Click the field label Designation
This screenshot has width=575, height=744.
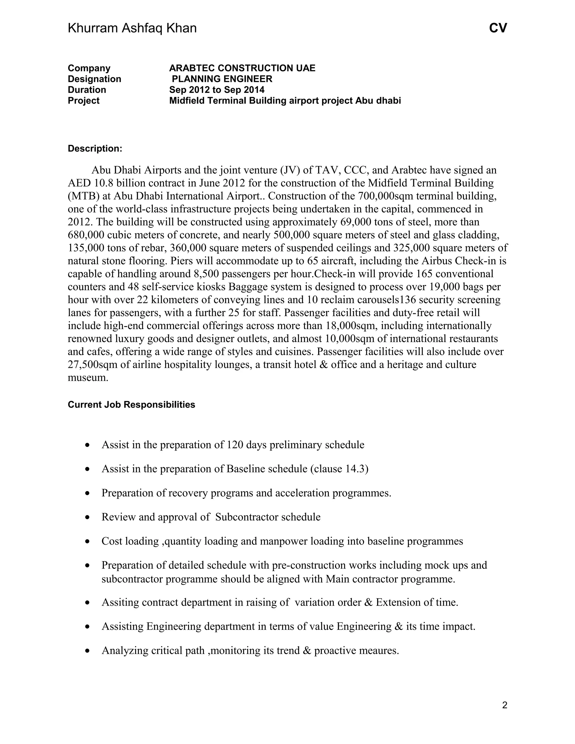click(x=94, y=79)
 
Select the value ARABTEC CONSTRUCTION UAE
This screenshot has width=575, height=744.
click(x=242, y=68)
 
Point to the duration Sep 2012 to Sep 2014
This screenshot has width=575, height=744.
click(x=217, y=90)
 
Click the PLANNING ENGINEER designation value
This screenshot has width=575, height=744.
click(x=222, y=79)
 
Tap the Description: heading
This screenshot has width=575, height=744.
click(x=95, y=149)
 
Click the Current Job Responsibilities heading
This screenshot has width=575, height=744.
click(x=131, y=405)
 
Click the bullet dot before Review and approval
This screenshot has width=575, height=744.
click(x=88, y=517)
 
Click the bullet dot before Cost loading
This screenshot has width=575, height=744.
click(x=88, y=542)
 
